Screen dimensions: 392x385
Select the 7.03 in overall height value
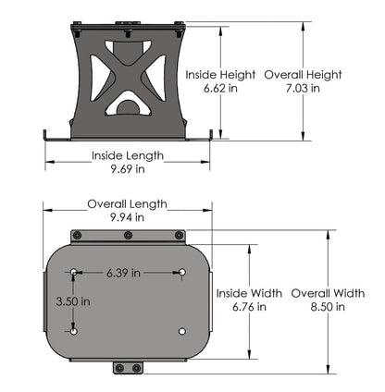pyautogui.click(x=302, y=89)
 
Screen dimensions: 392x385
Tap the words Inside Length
pyautogui.click(x=127, y=155)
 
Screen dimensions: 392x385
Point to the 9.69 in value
pyautogui.click(x=127, y=169)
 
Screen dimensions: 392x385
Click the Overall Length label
pyautogui.click(x=127, y=203)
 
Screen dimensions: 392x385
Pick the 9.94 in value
pyautogui.click(x=127, y=217)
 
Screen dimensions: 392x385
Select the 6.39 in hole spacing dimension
pyautogui.click(x=122, y=273)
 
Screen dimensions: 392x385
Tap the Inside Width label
pyautogui.click(x=250, y=292)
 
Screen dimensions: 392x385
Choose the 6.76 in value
pyautogui.click(x=250, y=306)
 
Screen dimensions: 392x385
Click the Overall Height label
pyautogui.click(x=303, y=75)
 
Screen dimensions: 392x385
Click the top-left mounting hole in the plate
pyautogui.click(x=74, y=272)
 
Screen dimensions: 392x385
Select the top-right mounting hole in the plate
pyautogui.click(x=183, y=272)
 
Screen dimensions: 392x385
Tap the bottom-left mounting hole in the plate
pyautogui.click(x=74, y=330)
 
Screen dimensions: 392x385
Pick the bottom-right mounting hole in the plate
pyautogui.click(x=183, y=330)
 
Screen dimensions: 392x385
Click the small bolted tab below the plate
pyautogui.click(x=128, y=368)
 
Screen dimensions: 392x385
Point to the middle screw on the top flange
pyautogui.click(x=128, y=235)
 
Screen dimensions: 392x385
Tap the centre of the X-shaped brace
pyautogui.click(x=128, y=74)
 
